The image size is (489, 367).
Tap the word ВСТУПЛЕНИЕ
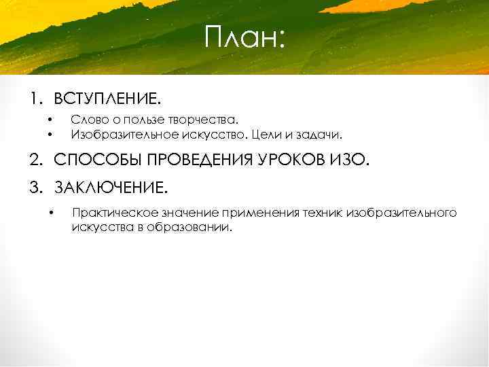(107, 100)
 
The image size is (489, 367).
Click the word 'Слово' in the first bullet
(86, 120)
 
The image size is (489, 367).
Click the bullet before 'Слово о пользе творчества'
(50, 120)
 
